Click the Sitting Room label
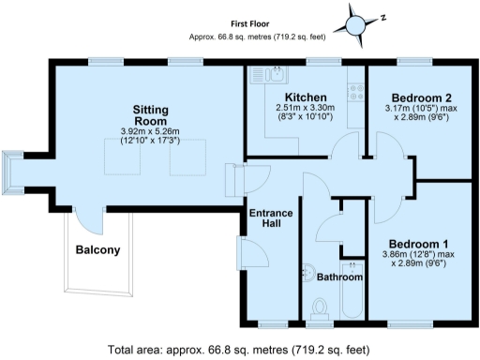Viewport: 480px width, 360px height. tap(149, 114)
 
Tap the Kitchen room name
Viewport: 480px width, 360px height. tap(306, 97)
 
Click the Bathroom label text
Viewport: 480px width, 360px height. tap(338, 277)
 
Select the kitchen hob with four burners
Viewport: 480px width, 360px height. tap(355, 92)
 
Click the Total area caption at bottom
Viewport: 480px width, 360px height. tap(239, 350)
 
